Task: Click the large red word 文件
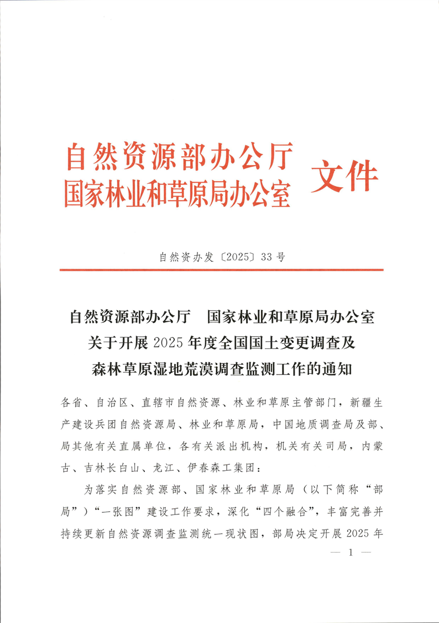click(344, 177)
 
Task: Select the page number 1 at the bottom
click(349, 553)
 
